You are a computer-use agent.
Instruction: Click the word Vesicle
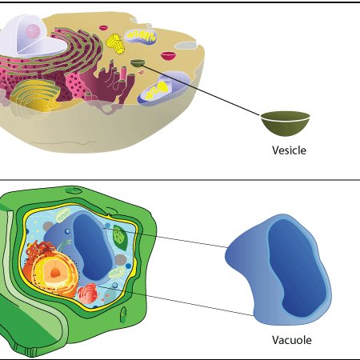289,150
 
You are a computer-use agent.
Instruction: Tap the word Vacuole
292,340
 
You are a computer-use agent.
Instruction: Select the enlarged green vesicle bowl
286,124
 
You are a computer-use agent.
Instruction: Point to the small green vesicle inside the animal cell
138,63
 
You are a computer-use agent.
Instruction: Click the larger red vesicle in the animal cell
169,55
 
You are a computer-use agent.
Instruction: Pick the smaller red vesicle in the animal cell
103,27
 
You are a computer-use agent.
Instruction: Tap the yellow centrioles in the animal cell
115,43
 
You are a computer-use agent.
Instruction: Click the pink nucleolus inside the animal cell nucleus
33,31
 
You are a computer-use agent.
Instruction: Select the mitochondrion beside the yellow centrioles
141,36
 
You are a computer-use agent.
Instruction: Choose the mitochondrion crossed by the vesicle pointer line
163,87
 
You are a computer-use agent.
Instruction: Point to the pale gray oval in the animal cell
186,46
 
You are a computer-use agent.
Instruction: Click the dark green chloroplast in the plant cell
120,237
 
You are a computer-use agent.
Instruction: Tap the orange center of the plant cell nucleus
55,272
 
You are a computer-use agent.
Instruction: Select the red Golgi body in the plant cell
88,294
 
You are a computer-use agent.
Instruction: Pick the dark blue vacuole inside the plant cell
92,246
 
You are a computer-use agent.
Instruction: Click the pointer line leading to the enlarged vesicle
202,90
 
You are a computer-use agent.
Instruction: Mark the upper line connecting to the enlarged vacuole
166,238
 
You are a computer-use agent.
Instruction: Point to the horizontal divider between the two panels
180,180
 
